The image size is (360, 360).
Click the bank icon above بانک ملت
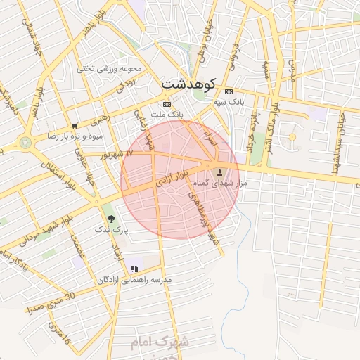point(167,104)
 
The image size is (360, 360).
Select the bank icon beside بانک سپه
point(228,91)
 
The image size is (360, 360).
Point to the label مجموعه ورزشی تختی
point(109,69)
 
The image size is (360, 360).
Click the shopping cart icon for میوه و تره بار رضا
point(75,126)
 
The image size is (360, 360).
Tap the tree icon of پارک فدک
point(111,219)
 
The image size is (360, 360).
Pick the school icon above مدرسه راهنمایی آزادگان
point(134,269)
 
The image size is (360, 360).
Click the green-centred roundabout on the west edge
point(26,142)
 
